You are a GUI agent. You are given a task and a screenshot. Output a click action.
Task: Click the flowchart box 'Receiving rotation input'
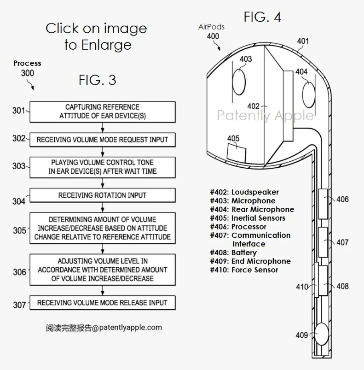[103, 195]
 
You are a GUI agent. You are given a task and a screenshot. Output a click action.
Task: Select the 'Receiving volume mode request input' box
[103, 140]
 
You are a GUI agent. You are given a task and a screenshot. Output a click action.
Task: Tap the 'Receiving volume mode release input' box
[103, 303]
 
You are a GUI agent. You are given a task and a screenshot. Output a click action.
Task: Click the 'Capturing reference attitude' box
[103, 112]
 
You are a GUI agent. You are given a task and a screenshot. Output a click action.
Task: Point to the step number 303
[18, 166]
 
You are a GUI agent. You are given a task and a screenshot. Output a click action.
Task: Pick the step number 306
[19, 272]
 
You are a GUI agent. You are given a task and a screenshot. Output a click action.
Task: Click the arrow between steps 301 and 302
[103, 128]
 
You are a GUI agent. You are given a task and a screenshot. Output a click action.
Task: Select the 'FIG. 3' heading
[98, 80]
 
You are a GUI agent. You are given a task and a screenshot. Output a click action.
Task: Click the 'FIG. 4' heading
[262, 17]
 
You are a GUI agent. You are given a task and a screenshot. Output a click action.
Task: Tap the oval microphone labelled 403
[239, 82]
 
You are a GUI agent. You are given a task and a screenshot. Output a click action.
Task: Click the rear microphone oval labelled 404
[309, 94]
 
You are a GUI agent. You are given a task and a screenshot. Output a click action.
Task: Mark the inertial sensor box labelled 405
[236, 153]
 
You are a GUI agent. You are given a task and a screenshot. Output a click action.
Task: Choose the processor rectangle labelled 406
[323, 204]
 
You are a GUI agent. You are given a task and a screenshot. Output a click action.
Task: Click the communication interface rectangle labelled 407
[323, 242]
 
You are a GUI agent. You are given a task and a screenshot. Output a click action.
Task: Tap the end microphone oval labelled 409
[322, 334]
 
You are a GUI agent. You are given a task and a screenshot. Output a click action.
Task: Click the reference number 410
[302, 287]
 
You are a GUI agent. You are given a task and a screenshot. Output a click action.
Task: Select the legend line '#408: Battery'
[233, 253]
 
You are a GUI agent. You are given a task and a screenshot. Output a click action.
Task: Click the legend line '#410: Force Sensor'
[244, 270]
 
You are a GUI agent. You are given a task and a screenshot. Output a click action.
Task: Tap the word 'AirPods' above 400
[211, 27]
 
